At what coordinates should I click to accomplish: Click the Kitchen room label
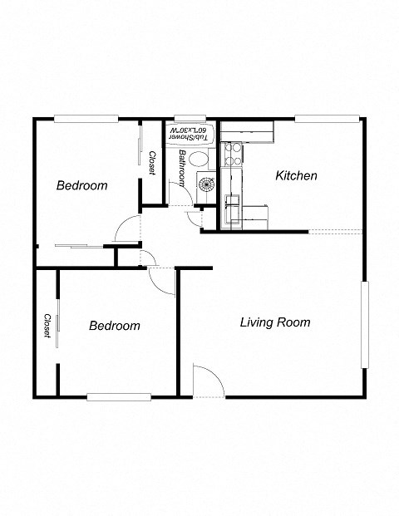pos(296,176)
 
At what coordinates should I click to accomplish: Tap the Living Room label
pos(274,322)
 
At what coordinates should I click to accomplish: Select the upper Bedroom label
pos(81,186)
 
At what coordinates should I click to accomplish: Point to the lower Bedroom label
pos(114,326)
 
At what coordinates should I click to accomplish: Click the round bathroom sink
pos(204,184)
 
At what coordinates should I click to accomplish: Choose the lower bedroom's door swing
pos(160,278)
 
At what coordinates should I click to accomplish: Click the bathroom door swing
pos(194,218)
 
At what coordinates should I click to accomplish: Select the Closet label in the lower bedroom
pos(47,326)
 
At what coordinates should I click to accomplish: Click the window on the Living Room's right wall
pos(363,325)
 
